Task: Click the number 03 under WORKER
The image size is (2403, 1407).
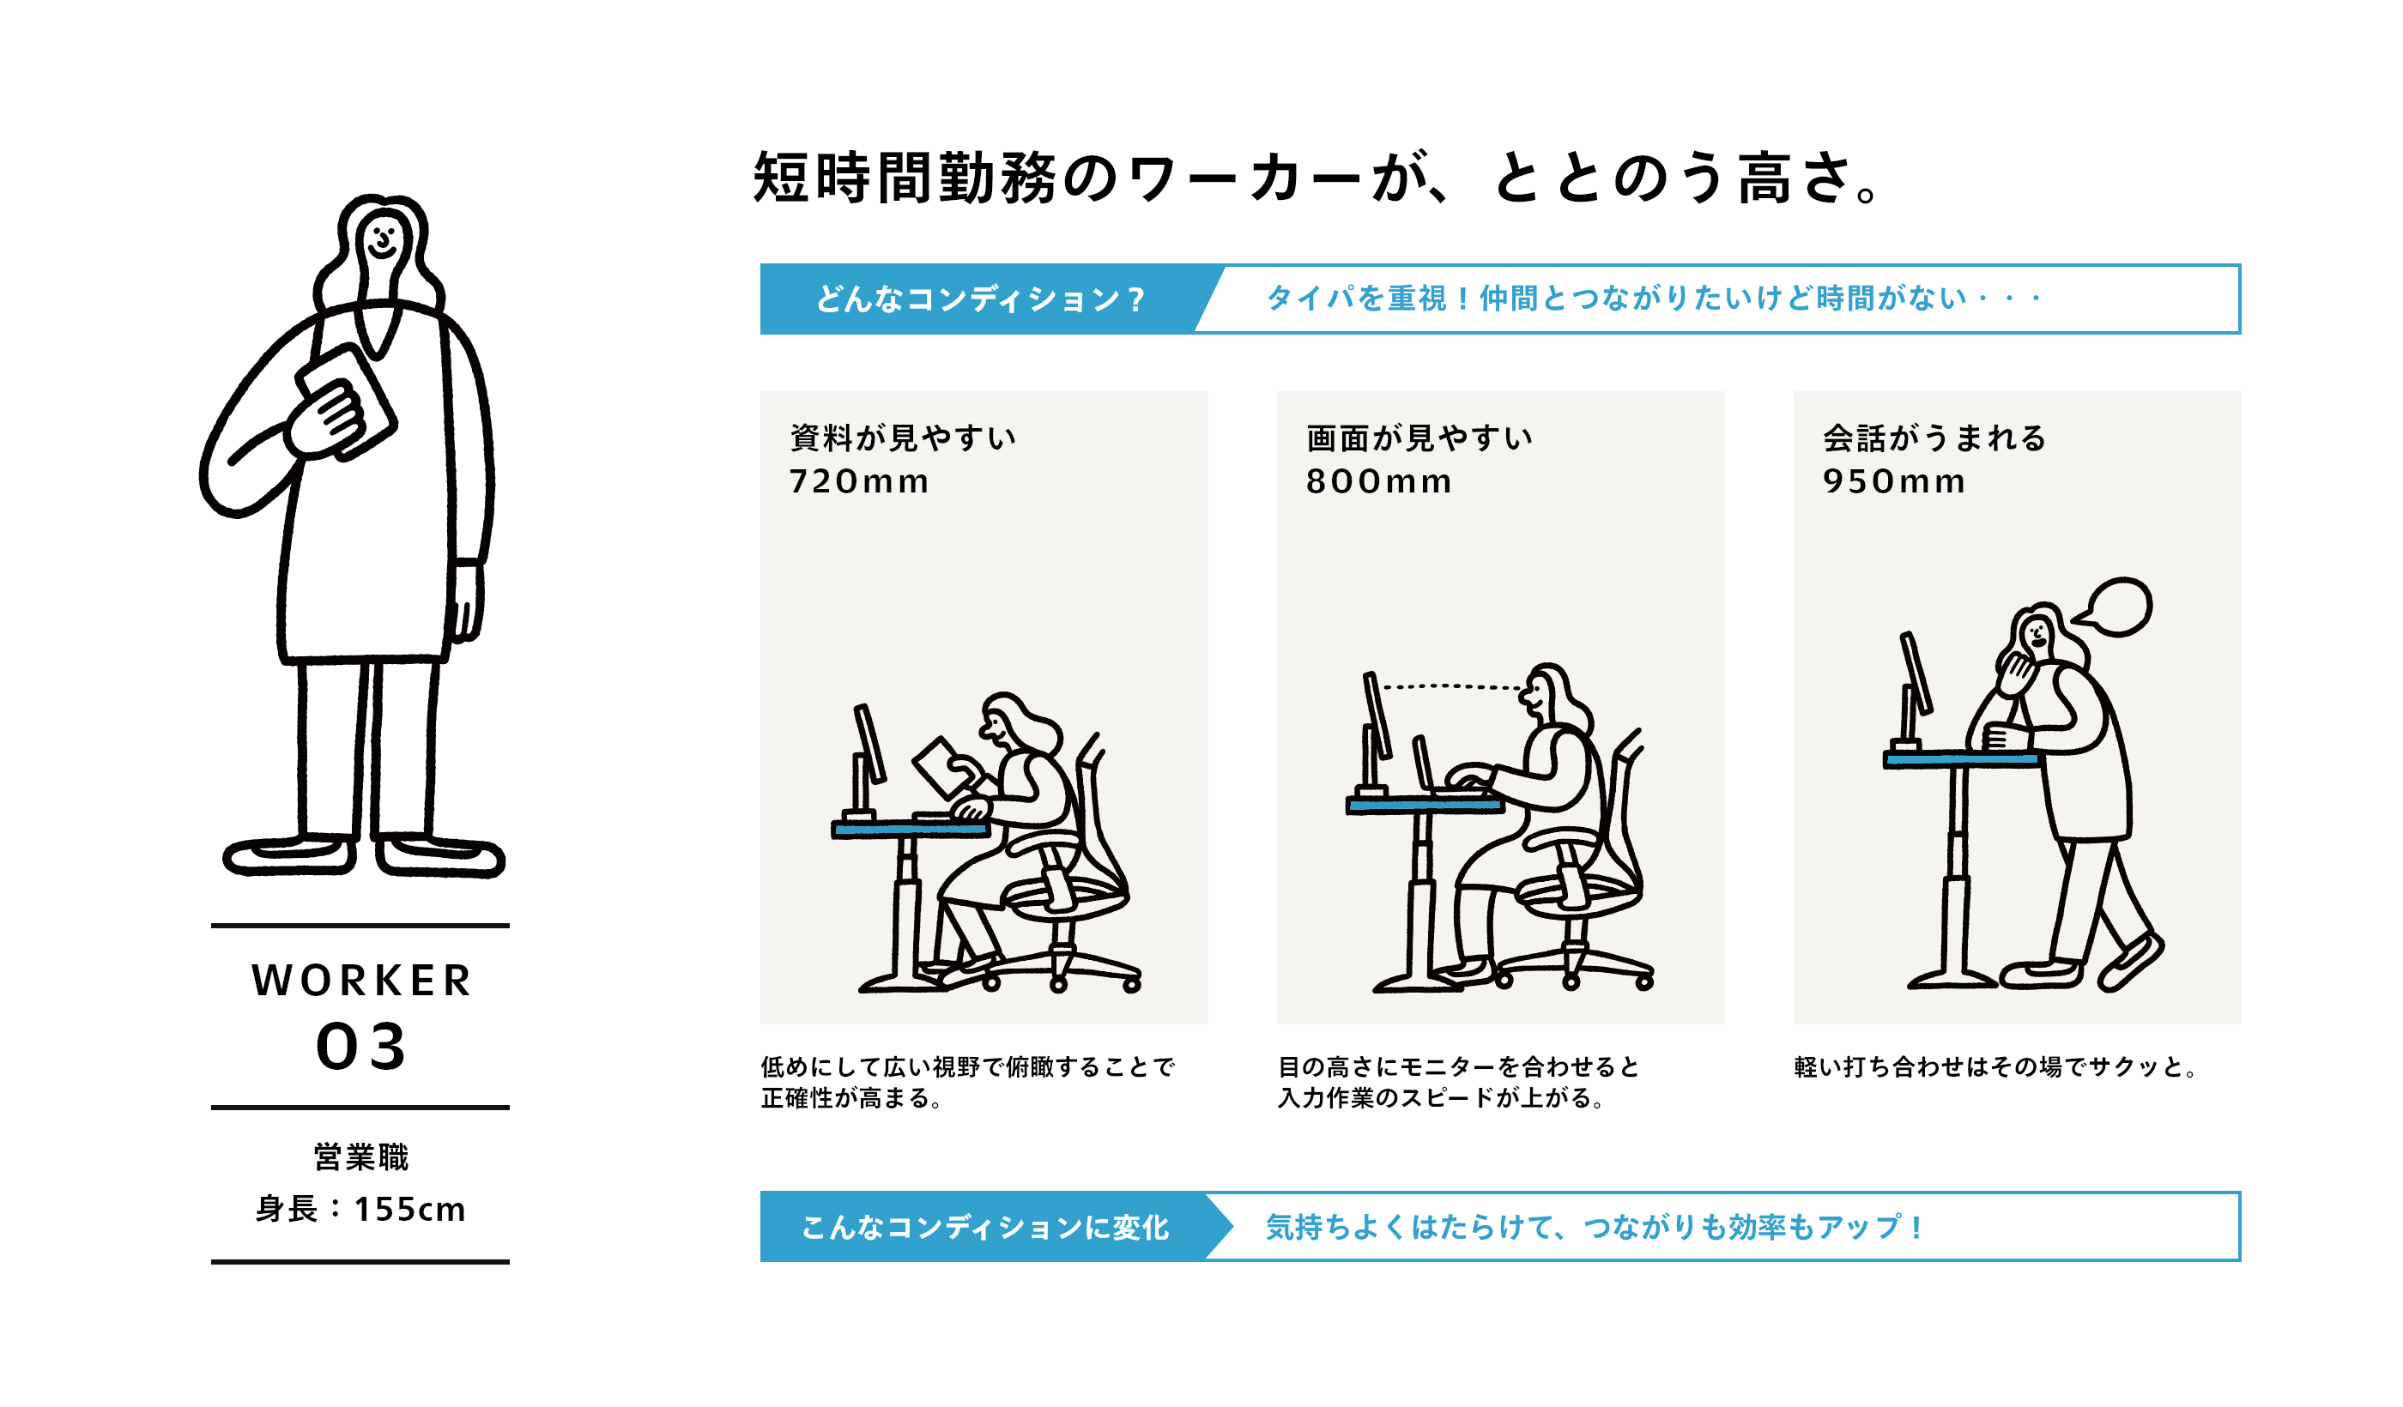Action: click(x=361, y=1047)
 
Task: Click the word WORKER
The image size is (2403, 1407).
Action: click(x=361, y=981)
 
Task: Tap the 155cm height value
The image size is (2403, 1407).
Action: click(x=410, y=1210)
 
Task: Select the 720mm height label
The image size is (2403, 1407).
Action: click(x=858, y=481)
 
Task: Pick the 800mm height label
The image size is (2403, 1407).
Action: click(x=1378, y=481)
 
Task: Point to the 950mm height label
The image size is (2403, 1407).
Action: click(x=1894, y=481)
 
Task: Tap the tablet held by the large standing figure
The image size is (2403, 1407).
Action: click(x=345, y=402)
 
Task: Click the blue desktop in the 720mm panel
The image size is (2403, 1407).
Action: click(x=911, y=830)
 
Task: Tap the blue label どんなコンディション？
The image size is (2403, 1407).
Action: click(x=980, y=299)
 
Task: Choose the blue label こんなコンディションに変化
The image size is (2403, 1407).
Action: click(x=985, y=1228)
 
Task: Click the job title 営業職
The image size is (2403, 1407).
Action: click(x=361, y=1157)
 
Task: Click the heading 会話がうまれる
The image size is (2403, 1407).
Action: click(x=1934, y=438)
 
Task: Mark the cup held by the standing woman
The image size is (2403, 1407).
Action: click(x=2006, y=738)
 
